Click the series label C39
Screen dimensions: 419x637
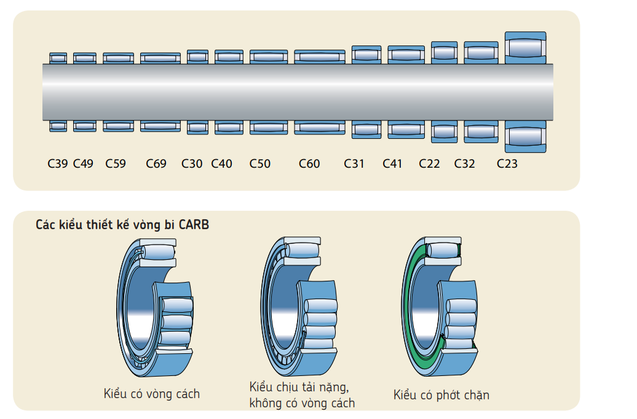(x=58, y=164)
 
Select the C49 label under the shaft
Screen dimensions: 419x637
(x=83, y=164)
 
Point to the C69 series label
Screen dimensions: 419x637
(x=156, y=164)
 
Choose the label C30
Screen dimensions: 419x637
(x=192, y=164)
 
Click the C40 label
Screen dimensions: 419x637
(x=221, y=164)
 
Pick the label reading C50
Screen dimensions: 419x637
(x=259, y=164)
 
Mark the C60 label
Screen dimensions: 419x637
(x=309, y=164)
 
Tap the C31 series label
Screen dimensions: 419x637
(x=354, y=164)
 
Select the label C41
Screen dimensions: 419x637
(x=392, y=164)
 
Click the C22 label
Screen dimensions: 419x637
(x=429, y=164)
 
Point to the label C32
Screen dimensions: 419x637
(x=465, y=164)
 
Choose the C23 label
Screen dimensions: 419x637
(x=507, y=164)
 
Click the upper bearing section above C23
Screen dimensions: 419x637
(x=525, y=48)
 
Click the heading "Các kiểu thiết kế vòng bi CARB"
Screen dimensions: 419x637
(x=122, y=225)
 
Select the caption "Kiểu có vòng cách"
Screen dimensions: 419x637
(x=151, y=394)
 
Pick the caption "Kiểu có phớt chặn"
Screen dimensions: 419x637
(x=441, y=395)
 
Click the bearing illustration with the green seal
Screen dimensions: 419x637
(x=441, y=307)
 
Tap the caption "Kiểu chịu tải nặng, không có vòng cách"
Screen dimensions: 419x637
(x=302, y=395)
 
